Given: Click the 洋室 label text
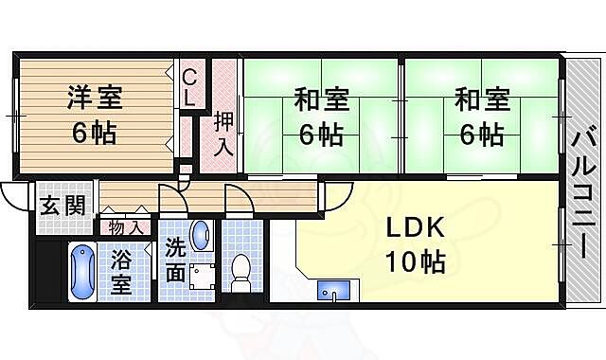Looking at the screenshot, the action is point(94,97).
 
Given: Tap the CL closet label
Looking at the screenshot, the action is point(189,86).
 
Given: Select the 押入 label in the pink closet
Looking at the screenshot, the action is point(223,134).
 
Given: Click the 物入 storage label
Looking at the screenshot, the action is point(127,227).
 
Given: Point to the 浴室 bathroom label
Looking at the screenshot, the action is point(123,272).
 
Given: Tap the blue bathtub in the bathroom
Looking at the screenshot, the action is point(81,271).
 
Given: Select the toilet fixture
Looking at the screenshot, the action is point(241,269).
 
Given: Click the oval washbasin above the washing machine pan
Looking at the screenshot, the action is point(201,235).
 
